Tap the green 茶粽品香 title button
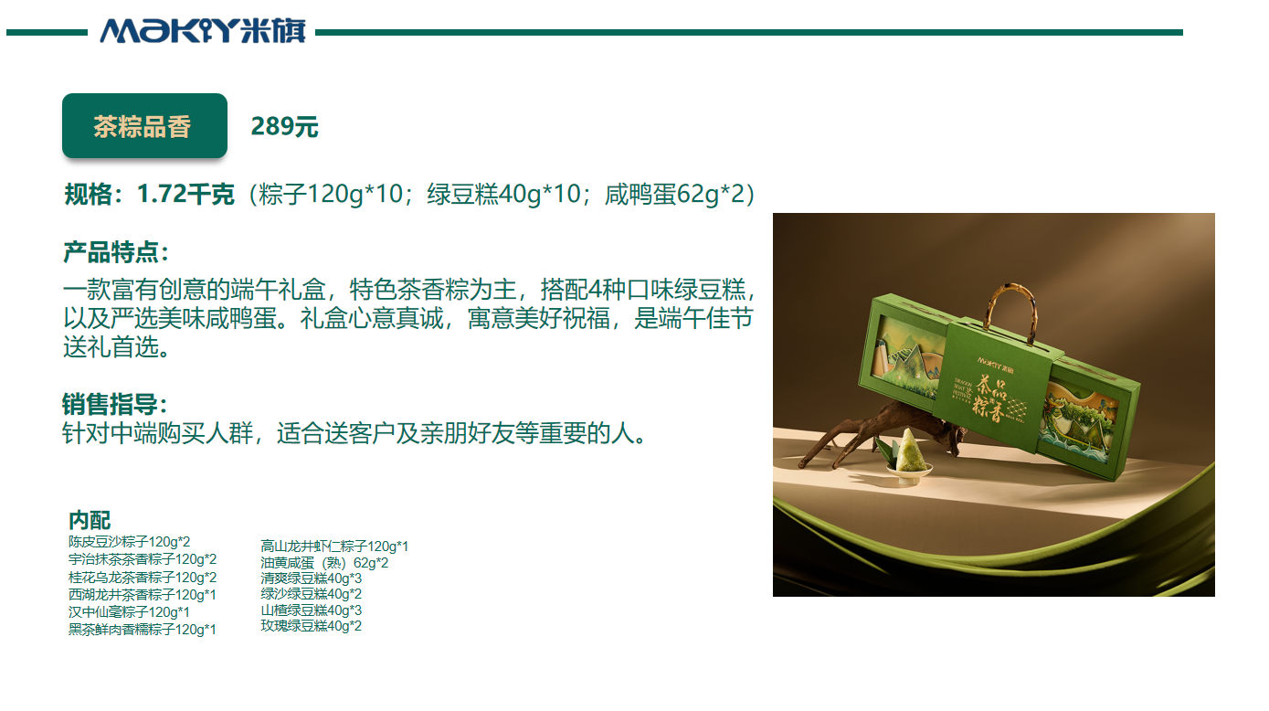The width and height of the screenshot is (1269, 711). coord(143,126)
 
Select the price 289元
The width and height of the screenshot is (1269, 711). coord(284,127)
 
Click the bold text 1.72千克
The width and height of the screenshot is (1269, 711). coord(185,195)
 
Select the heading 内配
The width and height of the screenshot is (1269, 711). coord(90,520)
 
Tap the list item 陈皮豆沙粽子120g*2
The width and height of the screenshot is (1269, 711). coord(129,542)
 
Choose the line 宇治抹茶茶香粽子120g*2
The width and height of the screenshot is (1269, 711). coord(143,559)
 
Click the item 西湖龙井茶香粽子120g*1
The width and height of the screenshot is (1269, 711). coord(143,594)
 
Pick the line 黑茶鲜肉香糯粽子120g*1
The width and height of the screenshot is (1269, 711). coord(143,629)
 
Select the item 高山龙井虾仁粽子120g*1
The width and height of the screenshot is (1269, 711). coord(334,547)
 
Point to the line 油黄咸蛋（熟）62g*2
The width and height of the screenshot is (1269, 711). coord(324,563)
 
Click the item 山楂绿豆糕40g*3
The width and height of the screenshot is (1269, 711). coord(311,610)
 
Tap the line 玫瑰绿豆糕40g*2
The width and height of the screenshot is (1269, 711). coord(311,626)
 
